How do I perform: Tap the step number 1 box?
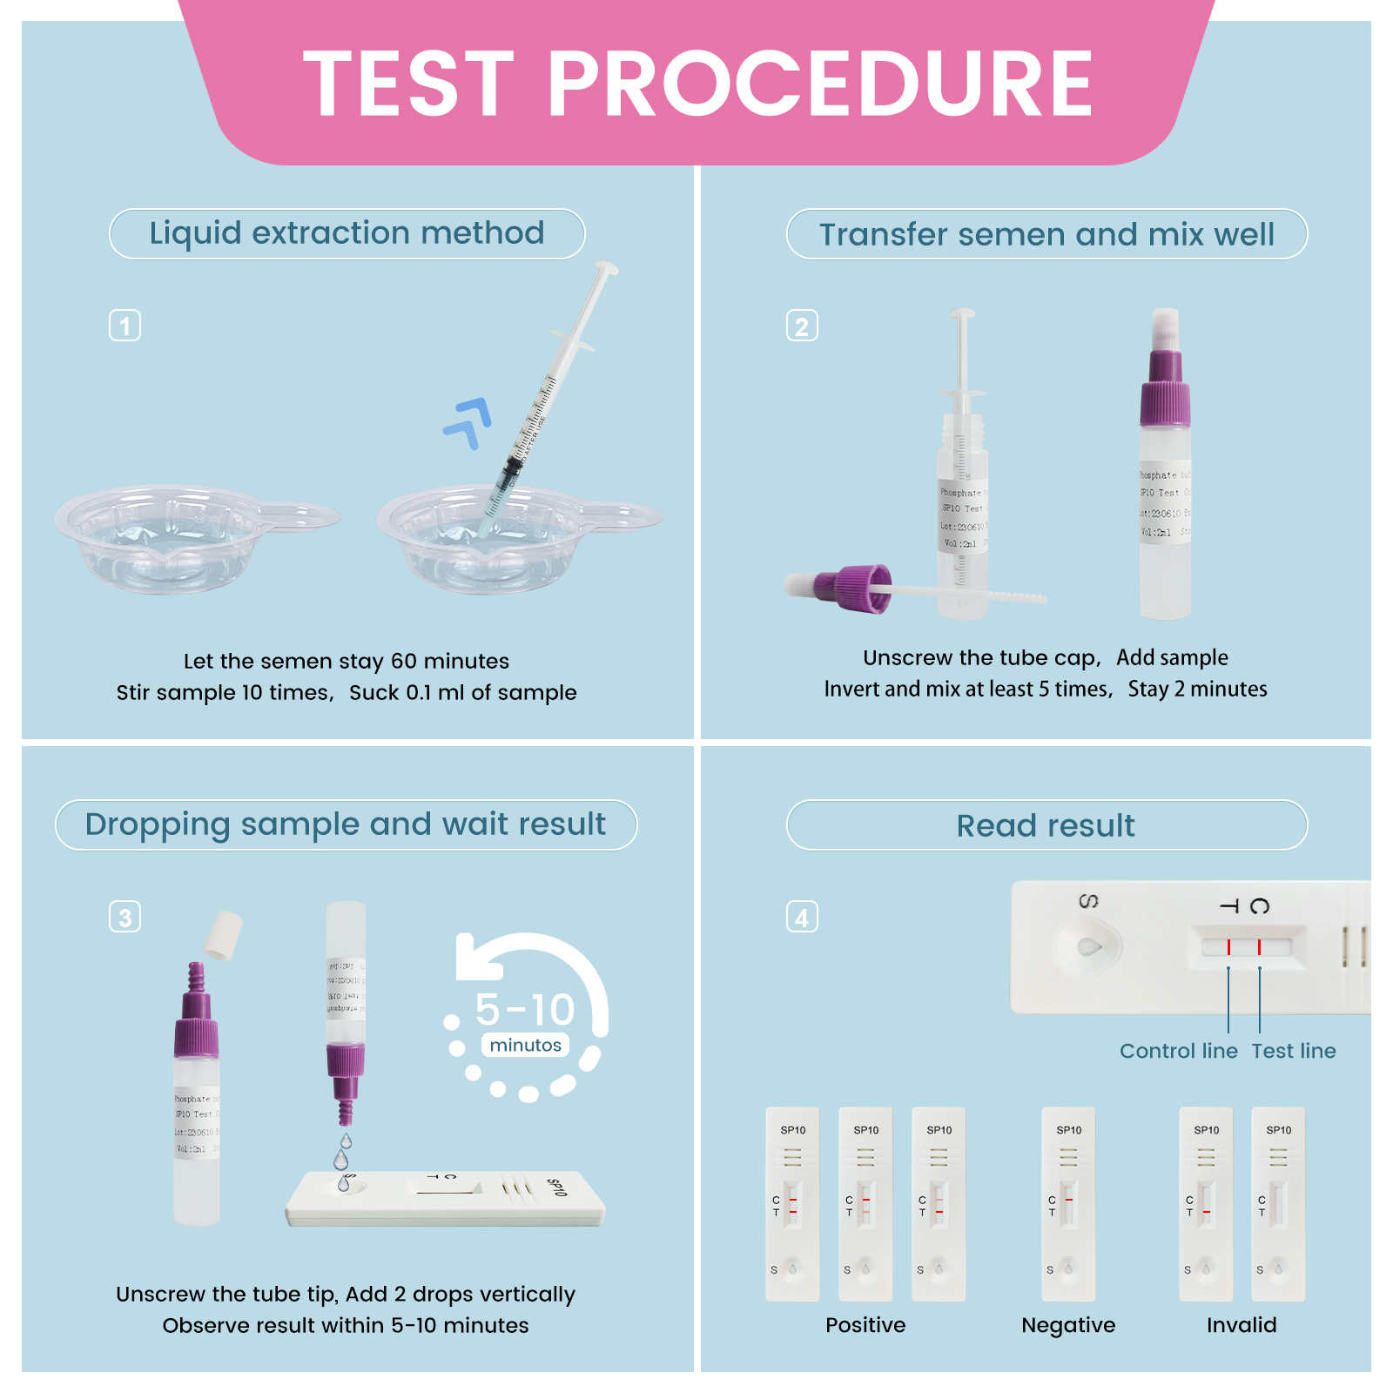[x=124, y=326]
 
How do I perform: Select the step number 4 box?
[x=802, y=917]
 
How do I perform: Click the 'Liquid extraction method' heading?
[x=347, y=233]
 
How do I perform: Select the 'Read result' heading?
[x=1046, y=825]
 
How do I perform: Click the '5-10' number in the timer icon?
[x=525, y=1010]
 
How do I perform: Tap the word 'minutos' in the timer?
[x=525, y=1045]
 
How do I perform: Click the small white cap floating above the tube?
[x=224, y=935]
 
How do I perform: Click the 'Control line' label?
[x=1178, y=1051]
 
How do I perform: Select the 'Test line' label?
[x=1293, y=1051]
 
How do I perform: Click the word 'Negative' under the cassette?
[x=1067, y=1325]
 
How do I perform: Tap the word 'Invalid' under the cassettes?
[x=1241, y=1325]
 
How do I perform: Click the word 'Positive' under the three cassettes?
[x=865, y=1325]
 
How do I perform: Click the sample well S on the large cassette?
[x=1088, y=947]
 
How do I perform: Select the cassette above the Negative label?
[x=1068, y=1204]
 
